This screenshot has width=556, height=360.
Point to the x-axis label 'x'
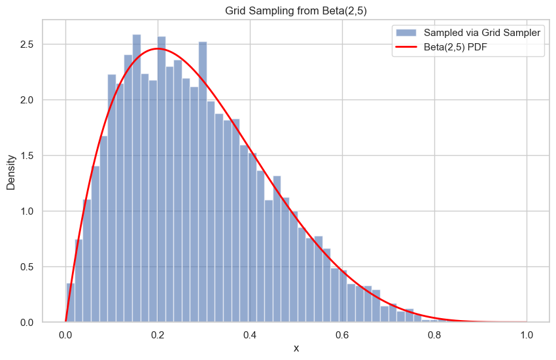point(296,348)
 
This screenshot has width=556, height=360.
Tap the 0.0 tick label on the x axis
point(65,334)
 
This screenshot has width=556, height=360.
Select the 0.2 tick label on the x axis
point(158,334)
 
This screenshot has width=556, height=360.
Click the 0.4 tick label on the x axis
point(250,334)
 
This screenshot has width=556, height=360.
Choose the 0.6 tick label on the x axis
point(342,334)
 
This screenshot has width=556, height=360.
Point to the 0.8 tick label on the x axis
point(434,334)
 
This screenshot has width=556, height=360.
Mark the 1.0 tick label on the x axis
point(527,334)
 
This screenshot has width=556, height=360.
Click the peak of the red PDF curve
point(158,49)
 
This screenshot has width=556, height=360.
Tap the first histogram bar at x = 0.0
point(70,303)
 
